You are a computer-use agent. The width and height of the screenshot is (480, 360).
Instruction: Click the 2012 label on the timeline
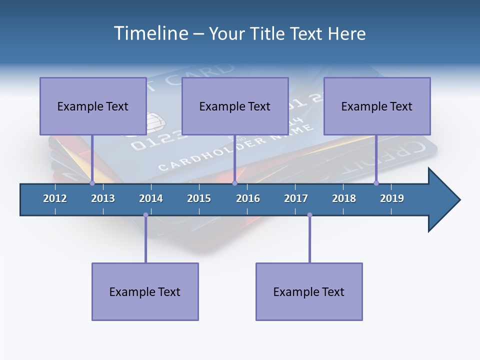[55, 198]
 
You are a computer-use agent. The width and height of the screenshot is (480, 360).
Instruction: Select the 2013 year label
[103, 198]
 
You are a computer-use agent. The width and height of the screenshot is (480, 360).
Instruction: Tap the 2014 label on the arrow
[151, 198]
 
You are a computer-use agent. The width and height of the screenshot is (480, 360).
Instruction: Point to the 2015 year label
[199, 198]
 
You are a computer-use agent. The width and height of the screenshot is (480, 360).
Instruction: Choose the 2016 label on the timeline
[248, 198]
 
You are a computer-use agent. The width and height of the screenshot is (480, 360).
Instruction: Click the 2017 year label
[296, 198]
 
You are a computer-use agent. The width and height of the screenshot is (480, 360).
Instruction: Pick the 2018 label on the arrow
[344, 198]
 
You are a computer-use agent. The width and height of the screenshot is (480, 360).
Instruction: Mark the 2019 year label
[392, 198]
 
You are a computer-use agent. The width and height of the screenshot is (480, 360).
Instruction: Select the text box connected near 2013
[93, 106]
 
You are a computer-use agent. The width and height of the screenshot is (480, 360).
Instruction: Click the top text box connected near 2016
[235, 106]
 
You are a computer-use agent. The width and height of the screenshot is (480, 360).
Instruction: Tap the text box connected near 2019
[377, 106]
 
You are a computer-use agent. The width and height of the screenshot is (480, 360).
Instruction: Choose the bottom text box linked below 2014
[145, 291]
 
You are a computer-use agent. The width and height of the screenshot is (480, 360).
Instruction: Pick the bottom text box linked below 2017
[309, 291]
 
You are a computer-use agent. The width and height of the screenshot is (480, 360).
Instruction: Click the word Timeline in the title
[150, 33]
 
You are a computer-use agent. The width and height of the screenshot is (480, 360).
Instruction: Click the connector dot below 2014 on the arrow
[145, 215]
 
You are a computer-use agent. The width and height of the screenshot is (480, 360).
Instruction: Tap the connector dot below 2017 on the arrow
[309, 215]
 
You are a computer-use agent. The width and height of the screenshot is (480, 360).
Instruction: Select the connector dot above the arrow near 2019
[376, 183]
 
